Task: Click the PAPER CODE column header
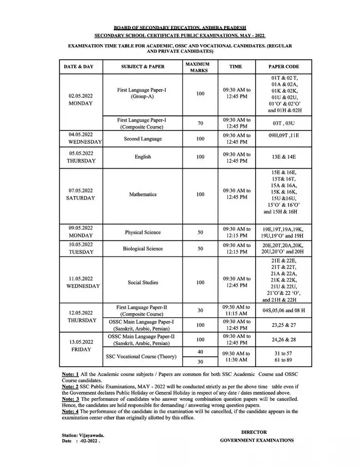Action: pyautogui.click(x=283, y=67)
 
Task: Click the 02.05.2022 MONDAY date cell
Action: pyautogui.click(x=81, y=99)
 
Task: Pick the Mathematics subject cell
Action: pyautogui.click(x=143, y=194)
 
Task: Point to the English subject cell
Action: pyautogui.click(x=143, y=157)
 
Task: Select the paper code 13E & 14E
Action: pyautogui.click(x=283, y=157)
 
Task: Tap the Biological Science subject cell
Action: pyautogui.click(x=143, y=248)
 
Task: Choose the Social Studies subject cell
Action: pyautogui.click(x=143, y=282)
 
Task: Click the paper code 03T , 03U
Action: pyautogui.click(x=283, y=123)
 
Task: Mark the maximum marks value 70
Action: pyautogui.click(x=200, y=123)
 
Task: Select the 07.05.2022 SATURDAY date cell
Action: pyautogui.click(x=81, y=194)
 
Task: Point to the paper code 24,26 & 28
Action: pyautogui.click(x=283, y=339)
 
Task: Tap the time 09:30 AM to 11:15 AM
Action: pyautogui.click(x=236, y=310)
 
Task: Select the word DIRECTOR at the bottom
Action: pyautogui.click(x=254, y=432)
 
